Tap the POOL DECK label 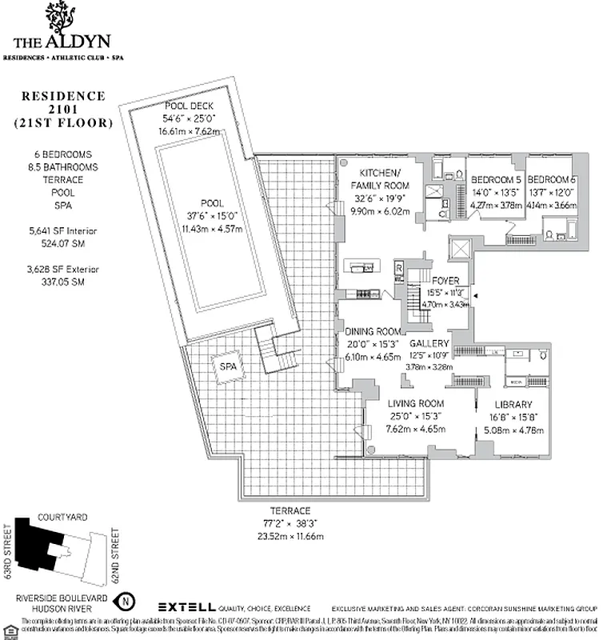click(x=188, y=106)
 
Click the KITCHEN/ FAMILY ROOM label click(x=380, y=180)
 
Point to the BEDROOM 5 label click(x=496, y=179)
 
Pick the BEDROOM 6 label click(x=552, y=179)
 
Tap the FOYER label click(x=445, y=281)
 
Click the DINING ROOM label click(x=373, y=331)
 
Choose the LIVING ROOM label click(x=415, y=404)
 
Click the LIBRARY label click(x=513, y=404)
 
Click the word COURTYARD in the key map click(x=62, y=518)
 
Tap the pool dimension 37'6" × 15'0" click(x=212, y=214)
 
